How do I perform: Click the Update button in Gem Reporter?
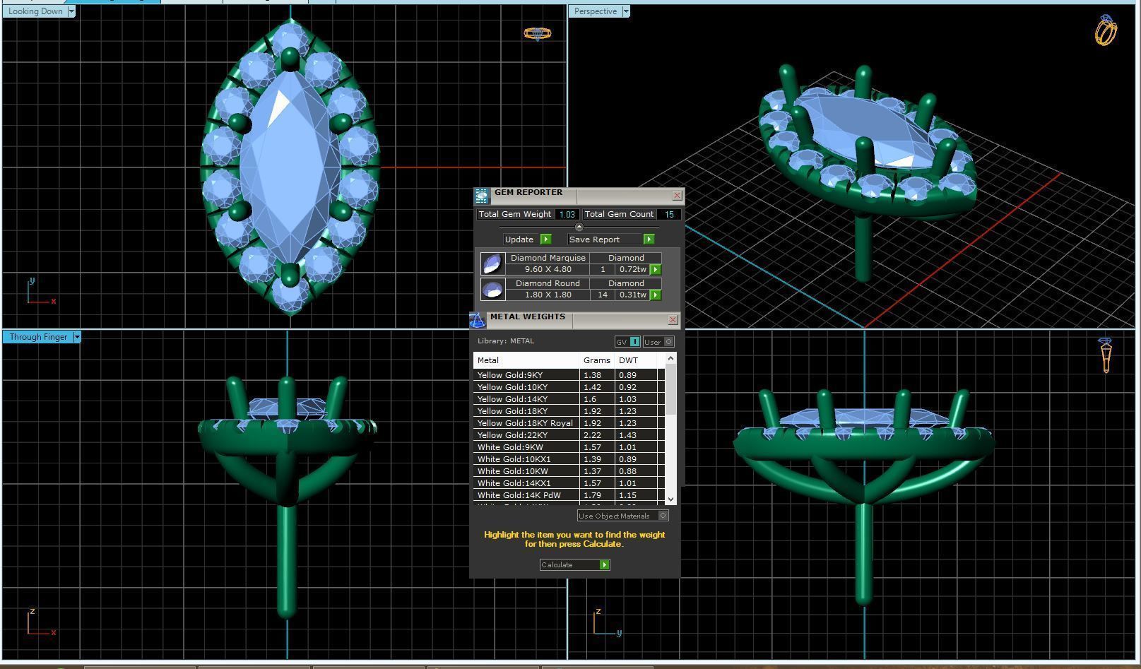point(526,239)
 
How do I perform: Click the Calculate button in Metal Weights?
point(574,564)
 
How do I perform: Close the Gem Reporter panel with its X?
point(677,196)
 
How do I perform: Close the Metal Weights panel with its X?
point(673,320)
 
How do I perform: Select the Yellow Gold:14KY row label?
point(512,399)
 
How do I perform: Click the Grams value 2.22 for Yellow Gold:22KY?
point(592,435)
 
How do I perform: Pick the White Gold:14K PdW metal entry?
point(519,495)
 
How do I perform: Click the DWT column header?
point(628,360)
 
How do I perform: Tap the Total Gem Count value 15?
point(668,214)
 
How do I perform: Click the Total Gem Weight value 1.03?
point(567,214)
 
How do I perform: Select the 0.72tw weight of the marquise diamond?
point(632,269)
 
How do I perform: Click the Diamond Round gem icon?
point(492,289)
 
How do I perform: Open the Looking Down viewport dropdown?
point(71,11)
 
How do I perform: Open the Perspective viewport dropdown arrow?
point(625,11)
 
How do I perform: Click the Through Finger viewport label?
point(38,337)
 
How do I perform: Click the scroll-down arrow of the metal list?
point(670,499)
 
